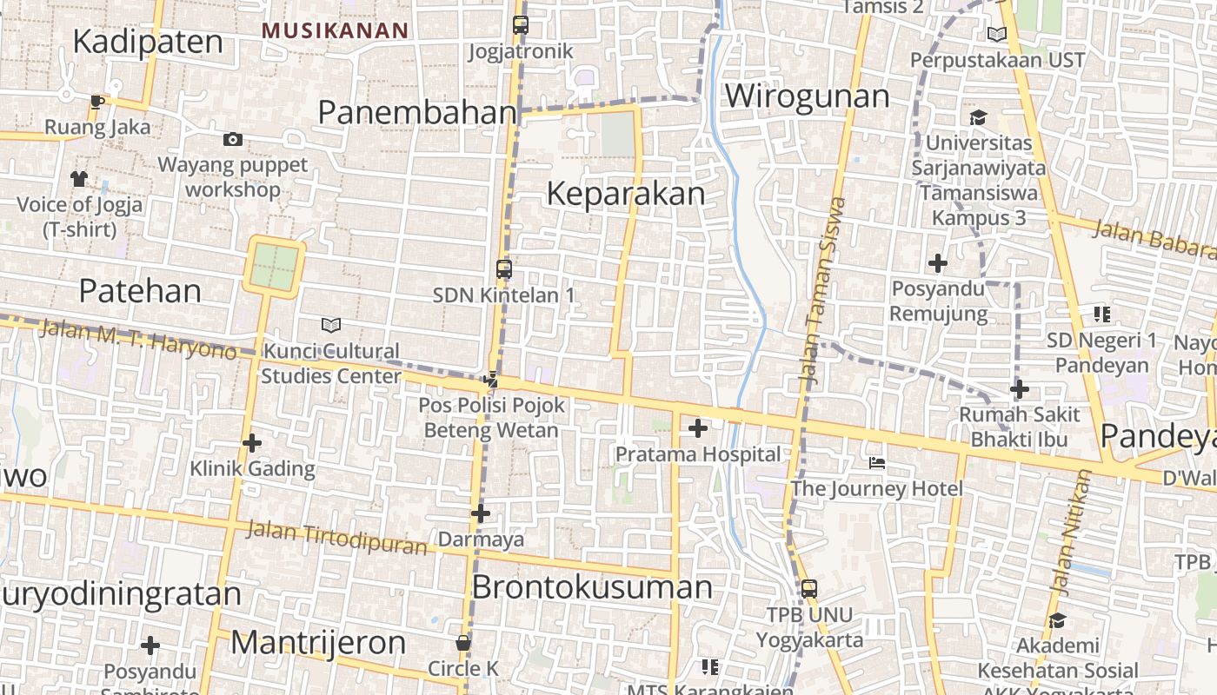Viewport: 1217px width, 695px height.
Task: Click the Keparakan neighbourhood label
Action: pos(626,194)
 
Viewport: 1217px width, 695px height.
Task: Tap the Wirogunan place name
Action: pos(808,96)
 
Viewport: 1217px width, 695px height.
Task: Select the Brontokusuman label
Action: pos(592,587)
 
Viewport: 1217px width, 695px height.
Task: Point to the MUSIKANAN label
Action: pos(336,30)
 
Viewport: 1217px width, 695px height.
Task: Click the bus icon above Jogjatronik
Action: pos(520,24)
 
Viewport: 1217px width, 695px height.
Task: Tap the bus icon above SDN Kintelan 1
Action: pos(503,269)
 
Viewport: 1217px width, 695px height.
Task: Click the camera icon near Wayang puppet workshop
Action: pos(232,139)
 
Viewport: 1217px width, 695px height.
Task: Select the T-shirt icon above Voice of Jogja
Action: pos(79,178)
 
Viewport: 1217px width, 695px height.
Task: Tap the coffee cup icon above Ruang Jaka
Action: pos(97,102)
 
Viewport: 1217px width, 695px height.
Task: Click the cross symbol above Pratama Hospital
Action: pos(697,427)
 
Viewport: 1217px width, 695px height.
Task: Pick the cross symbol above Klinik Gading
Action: pos(252,443)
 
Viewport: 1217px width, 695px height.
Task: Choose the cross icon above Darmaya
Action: pos(481,513)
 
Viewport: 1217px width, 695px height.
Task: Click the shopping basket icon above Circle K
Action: pos(463,643)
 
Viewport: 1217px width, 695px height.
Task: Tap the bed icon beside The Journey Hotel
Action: pos(877,462)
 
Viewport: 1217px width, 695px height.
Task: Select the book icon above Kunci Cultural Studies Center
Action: pos(330,325)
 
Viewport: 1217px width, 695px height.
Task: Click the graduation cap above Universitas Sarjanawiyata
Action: pos(978,116)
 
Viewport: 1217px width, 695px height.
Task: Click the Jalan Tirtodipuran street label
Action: pos(336,537)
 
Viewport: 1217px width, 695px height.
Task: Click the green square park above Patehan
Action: pos(275,266)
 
